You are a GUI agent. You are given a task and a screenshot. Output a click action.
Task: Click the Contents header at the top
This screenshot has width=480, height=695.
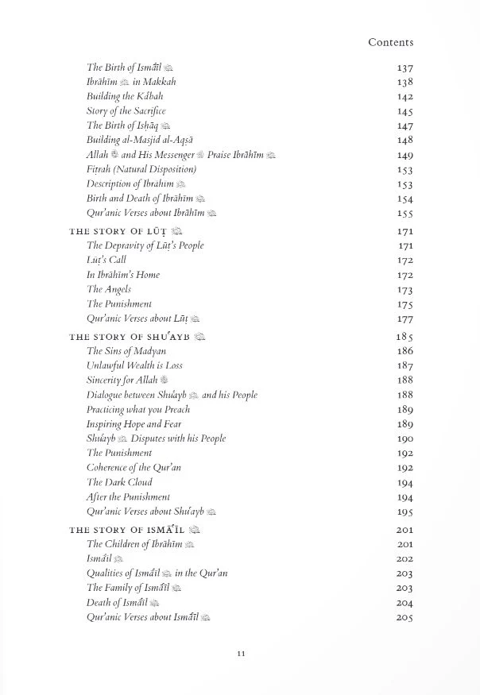(390, 42)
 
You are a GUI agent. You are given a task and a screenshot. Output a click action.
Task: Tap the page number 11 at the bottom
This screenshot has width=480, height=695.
(241, 654)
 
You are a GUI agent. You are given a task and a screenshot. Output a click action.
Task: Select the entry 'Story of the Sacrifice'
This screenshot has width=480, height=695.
(126, 111)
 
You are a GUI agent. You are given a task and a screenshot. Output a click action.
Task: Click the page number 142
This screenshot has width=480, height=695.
(405, 97)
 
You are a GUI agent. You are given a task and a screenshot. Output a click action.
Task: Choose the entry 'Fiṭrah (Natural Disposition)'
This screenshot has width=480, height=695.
(141, 169)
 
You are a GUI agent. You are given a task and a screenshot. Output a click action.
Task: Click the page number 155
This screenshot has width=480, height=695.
(405, 214)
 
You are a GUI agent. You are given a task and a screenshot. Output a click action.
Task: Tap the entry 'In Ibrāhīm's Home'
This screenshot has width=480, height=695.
(123, 275)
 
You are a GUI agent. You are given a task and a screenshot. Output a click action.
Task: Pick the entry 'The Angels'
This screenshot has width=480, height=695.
(109, 289)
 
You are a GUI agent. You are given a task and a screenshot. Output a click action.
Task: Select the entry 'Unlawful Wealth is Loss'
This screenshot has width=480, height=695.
(134, 365)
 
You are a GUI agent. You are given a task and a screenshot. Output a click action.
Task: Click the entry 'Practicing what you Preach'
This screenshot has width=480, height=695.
(138, 410)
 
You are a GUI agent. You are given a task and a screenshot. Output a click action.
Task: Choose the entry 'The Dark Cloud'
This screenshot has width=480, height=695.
(119, 482)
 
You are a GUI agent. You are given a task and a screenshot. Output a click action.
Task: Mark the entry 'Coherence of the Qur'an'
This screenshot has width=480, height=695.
(134, 468)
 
